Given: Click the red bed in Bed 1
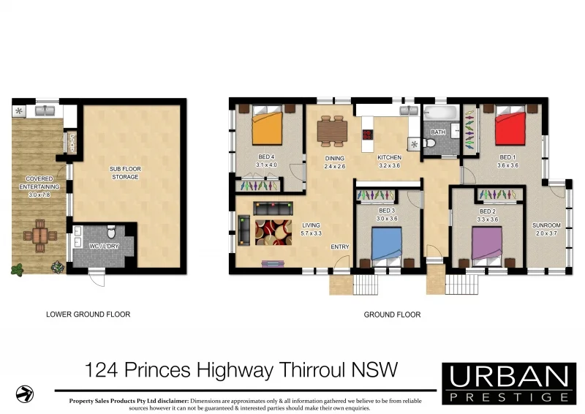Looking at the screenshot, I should pos(510,126).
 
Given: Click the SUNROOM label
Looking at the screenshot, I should pos(546,226).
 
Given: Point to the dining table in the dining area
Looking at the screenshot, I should pos(333,129).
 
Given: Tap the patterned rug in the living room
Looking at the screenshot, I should pos(273,231).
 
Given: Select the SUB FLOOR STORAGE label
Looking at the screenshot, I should pos(125,173).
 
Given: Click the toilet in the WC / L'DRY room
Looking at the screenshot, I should pos(111,231).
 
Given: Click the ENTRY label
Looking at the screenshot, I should pos(340,246).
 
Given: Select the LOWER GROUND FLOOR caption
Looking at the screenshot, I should pos(88,315).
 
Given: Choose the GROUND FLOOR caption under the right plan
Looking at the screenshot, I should pos(392,315).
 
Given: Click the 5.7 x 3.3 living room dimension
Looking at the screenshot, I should pos(312,233).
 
